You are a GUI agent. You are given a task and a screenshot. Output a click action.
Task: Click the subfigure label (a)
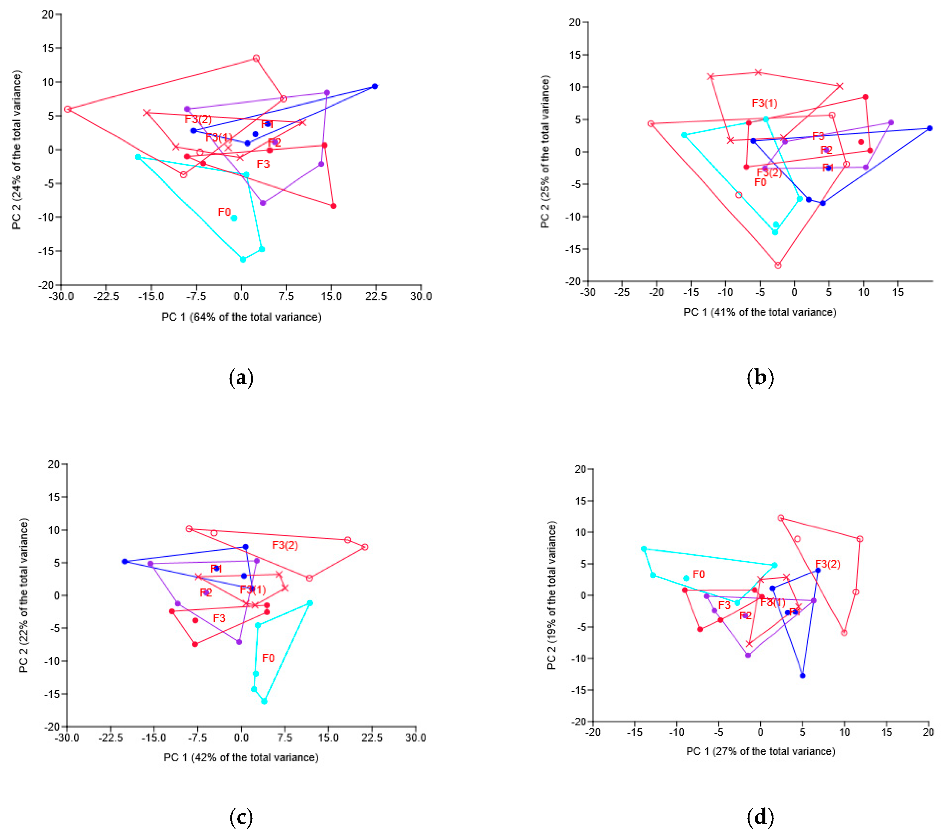coord(241,378)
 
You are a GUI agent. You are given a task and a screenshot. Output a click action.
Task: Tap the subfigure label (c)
coord(241,817)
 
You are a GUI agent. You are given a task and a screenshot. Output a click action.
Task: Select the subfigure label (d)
coord(760,817)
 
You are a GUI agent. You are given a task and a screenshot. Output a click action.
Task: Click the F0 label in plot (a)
coord(224,212)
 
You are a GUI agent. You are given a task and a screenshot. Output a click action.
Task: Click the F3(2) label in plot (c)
coord(285,545)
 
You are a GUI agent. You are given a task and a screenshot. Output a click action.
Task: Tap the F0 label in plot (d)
coord(699,574)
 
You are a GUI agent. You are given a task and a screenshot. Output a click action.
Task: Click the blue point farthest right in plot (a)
coord(375,86)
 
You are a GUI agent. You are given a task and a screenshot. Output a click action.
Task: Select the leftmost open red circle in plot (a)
coord(68,109)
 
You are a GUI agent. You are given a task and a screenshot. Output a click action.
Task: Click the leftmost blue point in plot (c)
coord(124,561)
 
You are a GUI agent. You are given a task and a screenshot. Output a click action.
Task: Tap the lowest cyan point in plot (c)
coord(264,701)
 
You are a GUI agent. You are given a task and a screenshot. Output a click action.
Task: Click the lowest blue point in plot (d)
coord(803,675)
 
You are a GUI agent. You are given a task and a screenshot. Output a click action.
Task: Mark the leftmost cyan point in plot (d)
coord(644,549)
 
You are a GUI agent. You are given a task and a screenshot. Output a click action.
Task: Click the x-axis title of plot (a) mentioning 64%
coord(241,317)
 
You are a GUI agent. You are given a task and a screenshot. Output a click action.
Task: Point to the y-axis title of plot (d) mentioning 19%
coord(552,595)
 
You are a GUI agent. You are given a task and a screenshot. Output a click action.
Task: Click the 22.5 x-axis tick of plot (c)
coord(372,738)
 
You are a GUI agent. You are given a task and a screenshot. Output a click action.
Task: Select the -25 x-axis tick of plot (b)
coord(622,292)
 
